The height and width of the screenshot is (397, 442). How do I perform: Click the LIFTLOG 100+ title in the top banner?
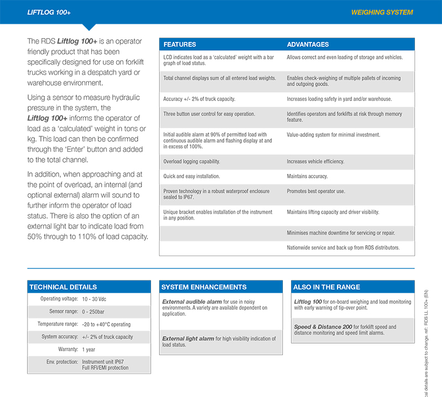(50, 12)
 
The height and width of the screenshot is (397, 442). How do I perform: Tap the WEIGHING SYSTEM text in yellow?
(382, 12)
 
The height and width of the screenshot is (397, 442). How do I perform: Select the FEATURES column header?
(180, 44)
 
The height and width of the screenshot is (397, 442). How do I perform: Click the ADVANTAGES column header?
(308, 44)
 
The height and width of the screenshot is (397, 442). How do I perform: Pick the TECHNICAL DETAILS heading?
(63, 287)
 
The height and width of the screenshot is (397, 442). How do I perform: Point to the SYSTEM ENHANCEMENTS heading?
(204, 287)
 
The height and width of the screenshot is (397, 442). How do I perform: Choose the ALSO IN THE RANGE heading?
(327, 287)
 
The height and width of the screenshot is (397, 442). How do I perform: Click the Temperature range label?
(57, 324)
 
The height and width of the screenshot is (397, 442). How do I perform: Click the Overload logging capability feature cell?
(192, 162)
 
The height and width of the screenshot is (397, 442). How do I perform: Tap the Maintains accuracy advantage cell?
(307, 177)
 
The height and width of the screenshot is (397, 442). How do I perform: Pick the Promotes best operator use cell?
(315, 191)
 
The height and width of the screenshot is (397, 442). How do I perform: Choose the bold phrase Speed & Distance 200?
(323, 327)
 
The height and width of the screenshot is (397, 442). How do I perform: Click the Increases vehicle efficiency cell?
(315, 162)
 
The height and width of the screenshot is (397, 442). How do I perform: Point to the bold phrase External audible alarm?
(192, 302)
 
